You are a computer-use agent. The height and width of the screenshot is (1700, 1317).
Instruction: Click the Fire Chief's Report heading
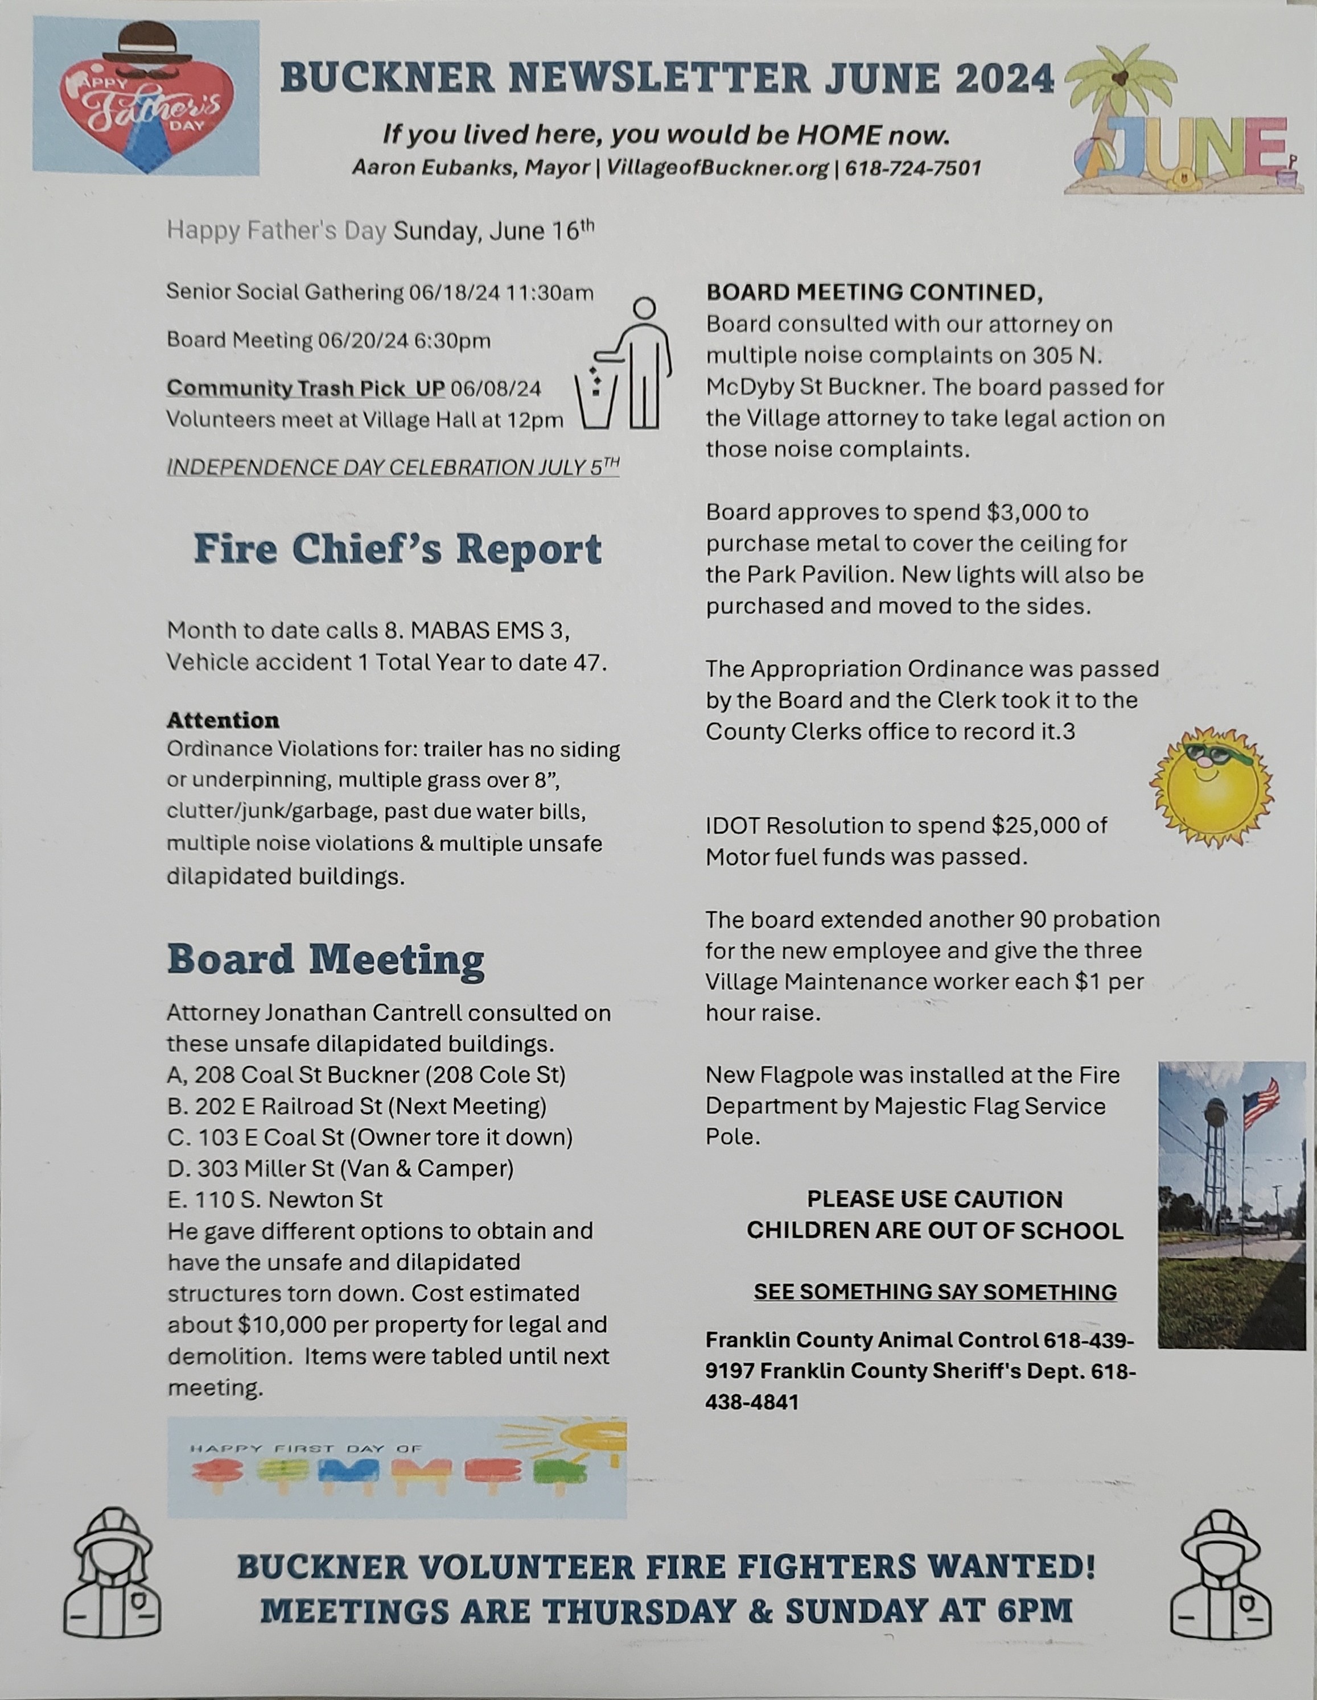tap(397, 549)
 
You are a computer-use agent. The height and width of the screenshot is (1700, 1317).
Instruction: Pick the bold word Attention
tap(223, 719)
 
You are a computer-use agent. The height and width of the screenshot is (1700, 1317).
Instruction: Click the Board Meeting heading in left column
tap(326, 959)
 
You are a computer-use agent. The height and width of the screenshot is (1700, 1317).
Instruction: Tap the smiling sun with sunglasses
tap(1211, 788)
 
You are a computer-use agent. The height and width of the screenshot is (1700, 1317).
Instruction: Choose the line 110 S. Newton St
tap(275, 1199)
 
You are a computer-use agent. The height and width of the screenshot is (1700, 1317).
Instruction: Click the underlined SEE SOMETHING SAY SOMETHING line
tap(935, 1292)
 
